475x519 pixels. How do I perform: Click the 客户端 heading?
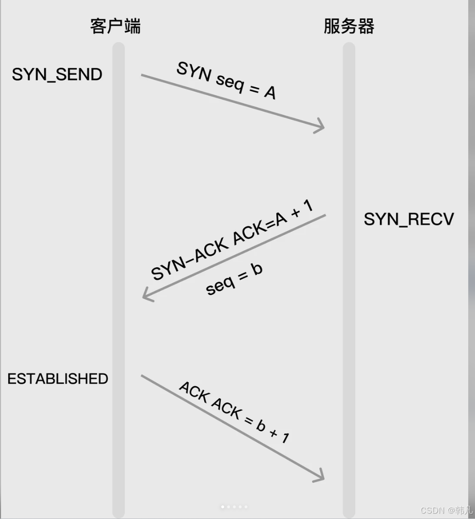click(x=115, y=26)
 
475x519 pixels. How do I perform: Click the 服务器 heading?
click(x=349, y=26)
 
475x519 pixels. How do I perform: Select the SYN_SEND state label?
click(x=57, y=75)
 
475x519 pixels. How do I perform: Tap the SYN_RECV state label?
click(x=409, y=219)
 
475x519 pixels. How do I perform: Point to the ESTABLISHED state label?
click(x=58, y=378)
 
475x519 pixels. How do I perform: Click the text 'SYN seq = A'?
click(x=226, y=81)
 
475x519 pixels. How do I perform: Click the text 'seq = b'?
click(x=234, y=279)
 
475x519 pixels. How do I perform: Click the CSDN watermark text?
click(x=446, y=510)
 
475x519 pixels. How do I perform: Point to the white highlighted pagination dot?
click(x=223, y=507)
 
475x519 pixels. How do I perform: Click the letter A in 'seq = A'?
click(x=270, y=92)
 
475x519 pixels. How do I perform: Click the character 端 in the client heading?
click(x=132, y=26)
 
